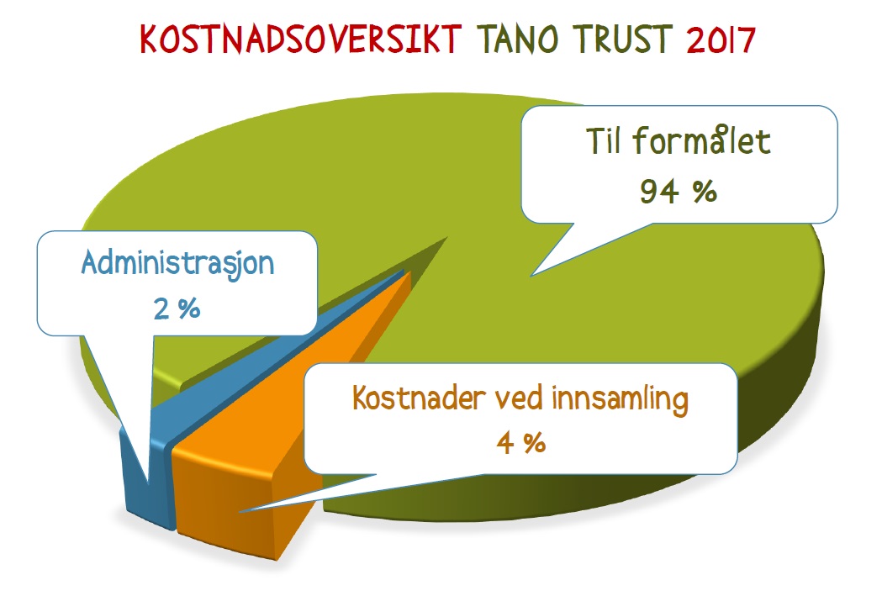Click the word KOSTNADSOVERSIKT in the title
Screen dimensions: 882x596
300,40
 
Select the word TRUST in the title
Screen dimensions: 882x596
624,40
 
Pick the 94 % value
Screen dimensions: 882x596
679,192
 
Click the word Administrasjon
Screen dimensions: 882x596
177,263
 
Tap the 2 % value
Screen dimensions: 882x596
177,309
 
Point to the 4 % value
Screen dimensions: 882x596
520,444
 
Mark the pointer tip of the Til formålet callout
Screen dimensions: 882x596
531,276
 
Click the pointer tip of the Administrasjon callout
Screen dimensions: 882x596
147,483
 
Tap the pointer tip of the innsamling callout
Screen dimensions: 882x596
240,512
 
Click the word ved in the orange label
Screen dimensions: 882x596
519,398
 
